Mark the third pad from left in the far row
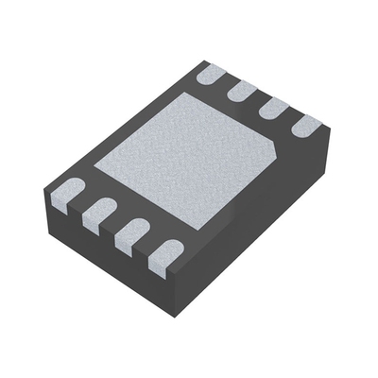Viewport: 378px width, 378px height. click(x=272, y=107)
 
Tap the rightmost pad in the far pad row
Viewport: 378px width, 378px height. click(x=306, y=124)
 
